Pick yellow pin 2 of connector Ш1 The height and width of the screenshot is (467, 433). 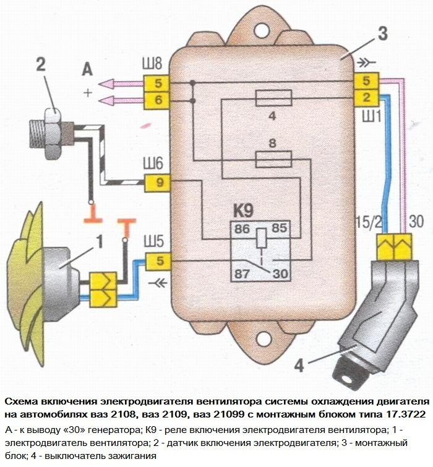coord(366,96)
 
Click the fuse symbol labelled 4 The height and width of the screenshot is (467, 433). coord(273,96)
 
